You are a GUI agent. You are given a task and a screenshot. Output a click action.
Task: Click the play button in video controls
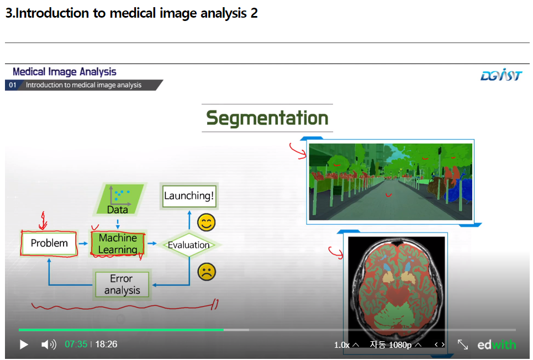pyautogui.click(x=24, y=345)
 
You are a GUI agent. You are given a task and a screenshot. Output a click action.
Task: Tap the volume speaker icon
pyautogui.click(x=49, y=345)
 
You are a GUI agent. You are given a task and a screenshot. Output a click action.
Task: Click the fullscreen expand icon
pyautogui.click(x=463, y=345)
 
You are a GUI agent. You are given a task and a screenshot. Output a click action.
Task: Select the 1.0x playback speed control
pyautogui.click(x=346, y=345)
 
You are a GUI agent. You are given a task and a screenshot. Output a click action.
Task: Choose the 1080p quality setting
pyautogui.click(x=395, y=345)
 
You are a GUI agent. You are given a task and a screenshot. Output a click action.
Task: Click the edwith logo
pyautogui.click(x=497, y=345)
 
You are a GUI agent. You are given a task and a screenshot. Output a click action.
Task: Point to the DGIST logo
pyautogui.click(x=500, y=76)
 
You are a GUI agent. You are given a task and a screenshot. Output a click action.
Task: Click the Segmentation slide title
pyautogui.click(x=267, y=118)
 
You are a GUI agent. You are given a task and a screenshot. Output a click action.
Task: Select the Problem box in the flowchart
pyautogui.click(x=49, y=243)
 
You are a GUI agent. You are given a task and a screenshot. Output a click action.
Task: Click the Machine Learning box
pyautogui.click(x=118, y=243)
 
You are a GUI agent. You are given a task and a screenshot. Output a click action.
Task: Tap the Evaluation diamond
pyautogui.click(x=189, y=245)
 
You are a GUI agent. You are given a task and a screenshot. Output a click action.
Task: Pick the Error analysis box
pyautogui.click(x=122, y=284)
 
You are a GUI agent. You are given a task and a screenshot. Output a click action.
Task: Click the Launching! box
pyautogui.click(x=189, y=196)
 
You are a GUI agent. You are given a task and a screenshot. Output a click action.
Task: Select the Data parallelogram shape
pyautogui.click(x=118, y=199)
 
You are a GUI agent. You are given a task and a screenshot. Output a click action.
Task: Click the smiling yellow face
pyautogui.click(x=206, y=223)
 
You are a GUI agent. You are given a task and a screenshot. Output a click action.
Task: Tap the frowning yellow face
pyautogui.click(x=206, y=272)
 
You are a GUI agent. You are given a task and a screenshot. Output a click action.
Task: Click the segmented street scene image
pyautogui.click(x=390, y=181)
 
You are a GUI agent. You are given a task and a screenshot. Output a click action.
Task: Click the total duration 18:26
pyautogui.click(x=106, y=345)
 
